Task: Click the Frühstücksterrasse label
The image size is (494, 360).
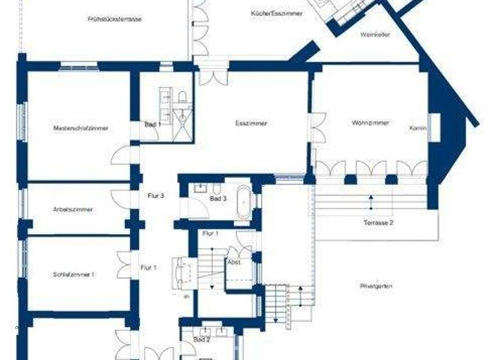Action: pyautogui.click(x=114, y=19)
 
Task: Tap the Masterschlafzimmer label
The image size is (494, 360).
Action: pyautogui.click(x=81, y=129)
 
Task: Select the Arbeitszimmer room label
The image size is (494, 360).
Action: pyautogui.click(x=73, y=210)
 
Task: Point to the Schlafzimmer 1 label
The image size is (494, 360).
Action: pyautogui.click(x=74, y=274)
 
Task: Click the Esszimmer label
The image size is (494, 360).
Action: pyautogui.click(x=251, y=123)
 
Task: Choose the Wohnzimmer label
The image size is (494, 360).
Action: pyautogui.click(x=370, y=123)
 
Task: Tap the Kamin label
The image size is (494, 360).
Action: pyautogui.click(x=418, y=129)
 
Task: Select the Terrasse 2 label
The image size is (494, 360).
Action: pyautogui.click(x=378, y=222)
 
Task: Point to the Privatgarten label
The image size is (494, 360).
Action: pyautogui.click(x=377, y=286)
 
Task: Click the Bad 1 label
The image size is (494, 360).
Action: pyautogui.click(x=152, y=124)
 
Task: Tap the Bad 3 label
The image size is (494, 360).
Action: pyautogui.click(x=219, y=199)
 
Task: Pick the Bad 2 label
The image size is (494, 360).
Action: pyautogui.click(x=201, y=339)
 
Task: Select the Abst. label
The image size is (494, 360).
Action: pyautogui.click(x=233, y=262)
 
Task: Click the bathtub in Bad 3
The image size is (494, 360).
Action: pyautogui.click(x=244, y=202)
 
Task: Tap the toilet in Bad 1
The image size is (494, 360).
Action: pyautogui.click(x=182, y=98)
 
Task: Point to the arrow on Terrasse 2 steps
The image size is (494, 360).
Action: pyautogui.click(x=371, y=201)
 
